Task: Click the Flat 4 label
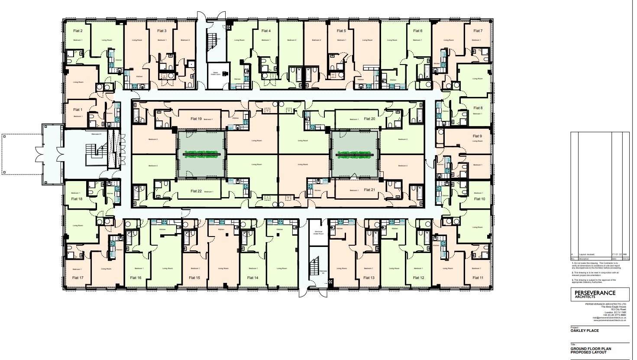coord(266,31)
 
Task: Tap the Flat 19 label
coord(196,119)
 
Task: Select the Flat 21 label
coord(369,190)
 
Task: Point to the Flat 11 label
coord(478,278)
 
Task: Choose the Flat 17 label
coord(78,278)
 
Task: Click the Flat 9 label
coord(477,136)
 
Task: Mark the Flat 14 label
coord(252,278)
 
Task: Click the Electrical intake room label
coord(319,233)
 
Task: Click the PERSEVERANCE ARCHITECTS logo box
coord(599,294)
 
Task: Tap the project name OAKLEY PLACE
coord(585,331)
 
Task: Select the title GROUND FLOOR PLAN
coord(591,349)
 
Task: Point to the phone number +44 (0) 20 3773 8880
coord(616,315)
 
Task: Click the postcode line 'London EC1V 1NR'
coord(615,312)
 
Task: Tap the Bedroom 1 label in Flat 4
coord(266,40)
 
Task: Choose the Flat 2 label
coord(78,31)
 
